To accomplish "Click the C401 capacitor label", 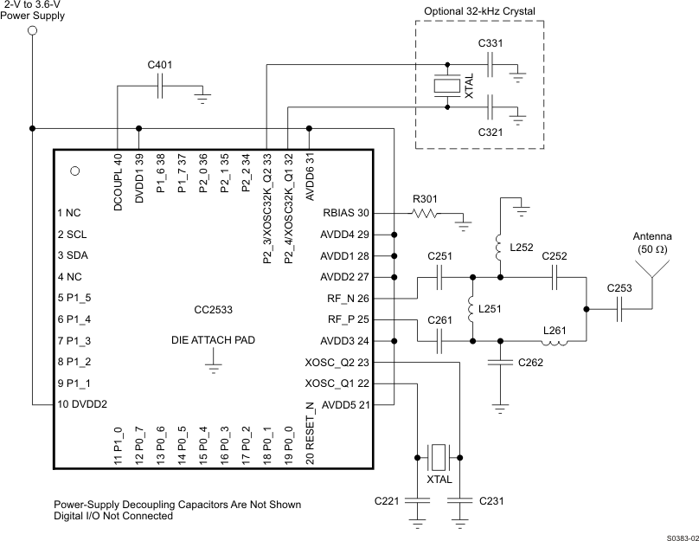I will [x=160, y=65].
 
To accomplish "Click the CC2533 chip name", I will [x=213, y=309].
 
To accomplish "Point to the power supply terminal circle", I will [x=33, y=31].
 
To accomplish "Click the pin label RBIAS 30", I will [x=346, y=213].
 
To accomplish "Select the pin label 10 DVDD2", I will [x=83, y=403].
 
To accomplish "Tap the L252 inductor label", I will [x=523, y=248].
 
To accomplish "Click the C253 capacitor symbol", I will [x=619, y=309].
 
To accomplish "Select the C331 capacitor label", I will [x=491, y=42].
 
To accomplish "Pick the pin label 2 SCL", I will [x=74, y=234].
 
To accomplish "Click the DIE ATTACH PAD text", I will [x=213, y=340].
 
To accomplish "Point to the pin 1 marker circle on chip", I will [x=74, y=171].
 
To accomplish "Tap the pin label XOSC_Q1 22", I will [x=338, y=383].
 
